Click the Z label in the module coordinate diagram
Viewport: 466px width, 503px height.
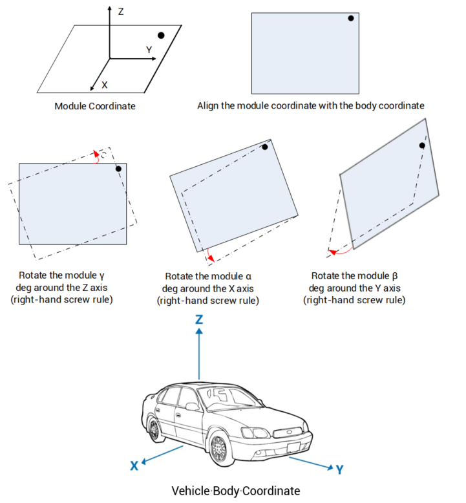click(x=121, y=12)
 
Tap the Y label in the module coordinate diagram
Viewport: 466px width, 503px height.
click(x=149, y=49)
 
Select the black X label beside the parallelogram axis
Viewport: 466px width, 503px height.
click(x=104, y=84)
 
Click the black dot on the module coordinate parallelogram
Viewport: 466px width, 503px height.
click(x=161, y=36)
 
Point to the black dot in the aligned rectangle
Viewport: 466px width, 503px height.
click(x=351, y=18)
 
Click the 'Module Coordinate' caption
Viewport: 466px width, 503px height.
click(x=95, y=106)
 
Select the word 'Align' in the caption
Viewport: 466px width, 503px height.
click(x=209, y=105)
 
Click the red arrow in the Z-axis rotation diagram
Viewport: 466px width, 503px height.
click(x=97, y=156)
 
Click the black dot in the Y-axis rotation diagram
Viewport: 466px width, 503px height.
click(x=422, y=145)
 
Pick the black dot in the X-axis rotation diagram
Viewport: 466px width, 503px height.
click(x=265, y=147)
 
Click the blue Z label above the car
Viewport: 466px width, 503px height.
click(x=200, y=319)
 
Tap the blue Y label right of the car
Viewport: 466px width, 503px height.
click(x=339, y=469)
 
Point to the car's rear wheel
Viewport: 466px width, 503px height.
click(x=154, y=429)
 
